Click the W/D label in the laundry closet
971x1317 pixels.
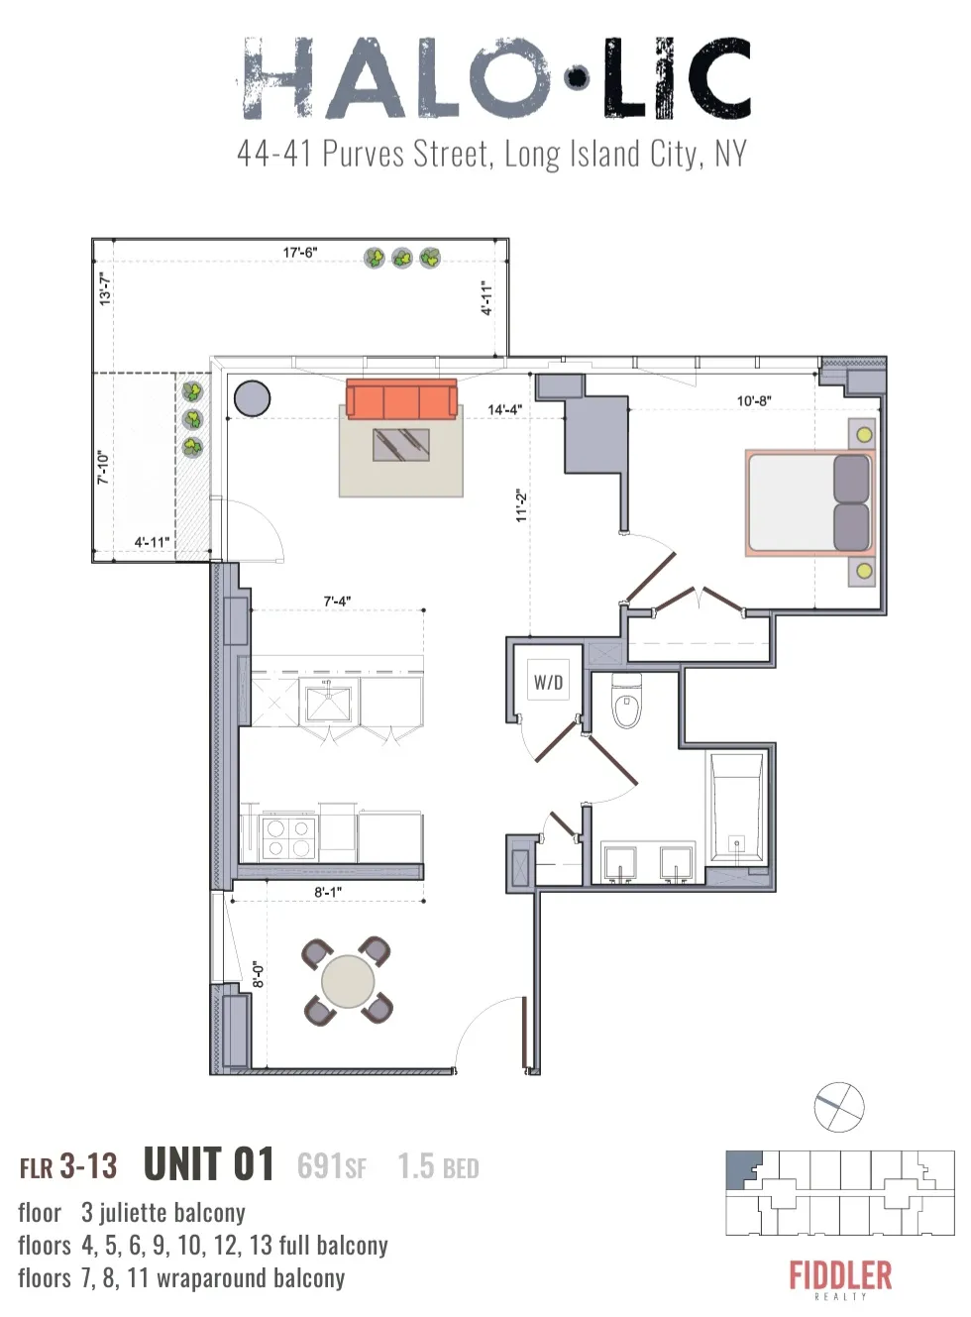[548, 682]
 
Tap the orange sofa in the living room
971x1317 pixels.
[401, 399]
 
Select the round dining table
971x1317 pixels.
[348, 981]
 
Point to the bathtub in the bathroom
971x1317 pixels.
[735, 808]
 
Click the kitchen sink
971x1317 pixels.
[327, 704]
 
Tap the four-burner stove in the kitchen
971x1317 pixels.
[288, 837]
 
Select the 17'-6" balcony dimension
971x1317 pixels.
[300, 253]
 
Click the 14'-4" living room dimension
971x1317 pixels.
[504, 409]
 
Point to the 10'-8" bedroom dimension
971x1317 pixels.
[753, 401]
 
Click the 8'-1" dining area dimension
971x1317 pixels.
[328, 892]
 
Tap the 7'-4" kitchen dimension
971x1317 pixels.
[337, 602]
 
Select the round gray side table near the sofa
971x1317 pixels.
[252, 398]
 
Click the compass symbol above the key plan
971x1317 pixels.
[839, 1107]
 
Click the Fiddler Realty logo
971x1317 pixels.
[840, 1277]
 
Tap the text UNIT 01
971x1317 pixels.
[209, 1164]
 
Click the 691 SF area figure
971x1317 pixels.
[331, 1166]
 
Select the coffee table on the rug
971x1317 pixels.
[401, 444]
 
